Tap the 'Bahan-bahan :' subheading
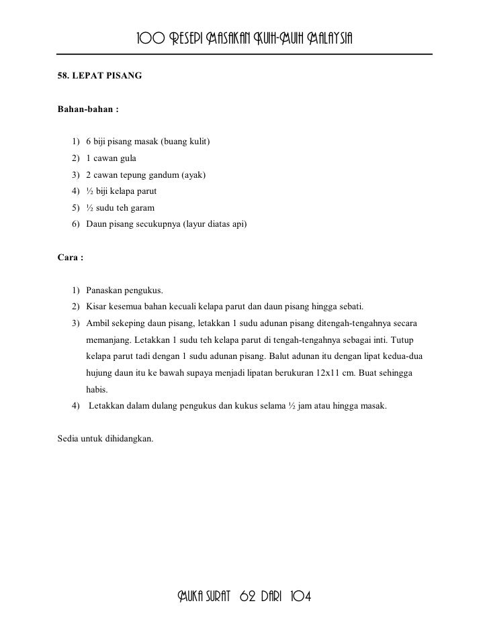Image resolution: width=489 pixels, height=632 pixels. [x=89, y=109]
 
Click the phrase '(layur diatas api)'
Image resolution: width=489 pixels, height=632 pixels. [x=215, y=224]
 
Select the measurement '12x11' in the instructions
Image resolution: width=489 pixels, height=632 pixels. [x=328, y=372]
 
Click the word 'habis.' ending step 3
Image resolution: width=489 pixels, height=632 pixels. [x=97, y=389]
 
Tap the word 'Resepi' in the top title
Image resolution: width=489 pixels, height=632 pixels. [x=196, y=37]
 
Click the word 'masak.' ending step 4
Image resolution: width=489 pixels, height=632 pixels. [x=374, y=406]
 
